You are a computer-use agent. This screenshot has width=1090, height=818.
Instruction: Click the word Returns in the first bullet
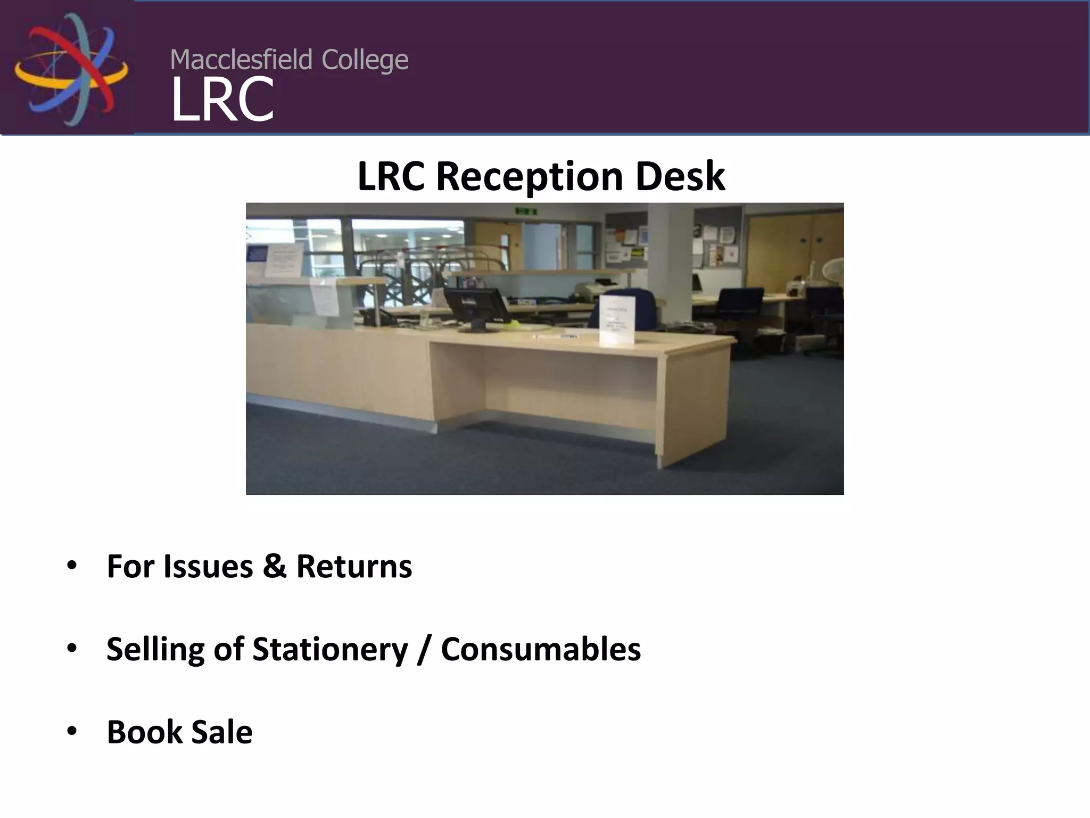(x=354, y=566)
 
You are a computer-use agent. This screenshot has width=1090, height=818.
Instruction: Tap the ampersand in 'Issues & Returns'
(x=274, y=566)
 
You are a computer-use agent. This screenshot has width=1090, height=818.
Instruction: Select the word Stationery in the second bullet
(x=330, y=650)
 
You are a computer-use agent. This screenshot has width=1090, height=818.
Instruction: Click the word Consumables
(x=541, y=650)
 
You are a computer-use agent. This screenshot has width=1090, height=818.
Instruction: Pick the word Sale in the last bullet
(x=222, y=732)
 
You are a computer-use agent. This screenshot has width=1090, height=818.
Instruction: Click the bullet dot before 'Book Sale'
(x=72, y=732)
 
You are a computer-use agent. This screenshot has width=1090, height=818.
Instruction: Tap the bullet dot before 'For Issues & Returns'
(x=72, y=566)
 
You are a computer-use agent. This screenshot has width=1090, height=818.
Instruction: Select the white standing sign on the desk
(x=617, y=320)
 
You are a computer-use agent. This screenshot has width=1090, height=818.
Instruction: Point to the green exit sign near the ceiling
(x=526, y=211)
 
